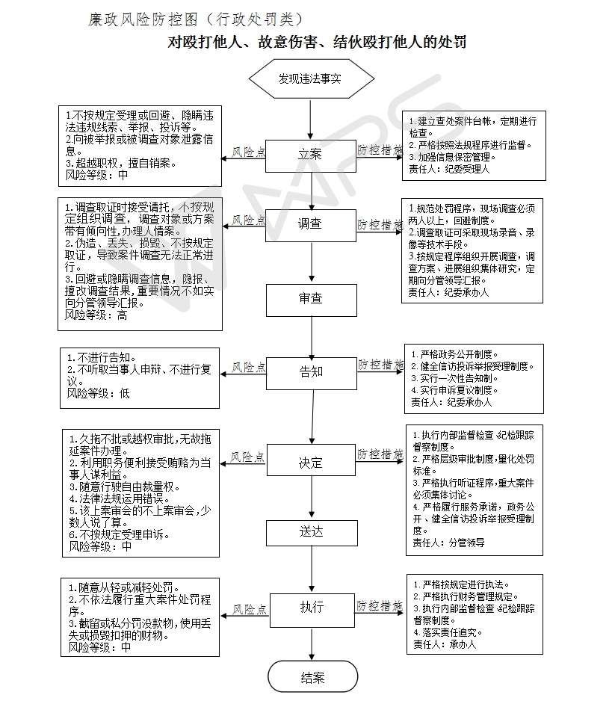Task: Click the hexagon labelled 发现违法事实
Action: pos(311,78)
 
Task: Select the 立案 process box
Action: pos(311,154)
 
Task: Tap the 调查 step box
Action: pos(311,223)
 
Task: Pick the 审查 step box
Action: pos(311,299)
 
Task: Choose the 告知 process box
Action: pos(311,371)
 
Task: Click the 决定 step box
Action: pos(311,463)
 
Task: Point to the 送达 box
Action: pos(311,532)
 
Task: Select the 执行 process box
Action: pos(311,608)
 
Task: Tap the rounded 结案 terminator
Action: pos(312,678)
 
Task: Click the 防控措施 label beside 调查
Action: pos(379,223)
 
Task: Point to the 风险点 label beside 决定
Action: pos(248,457)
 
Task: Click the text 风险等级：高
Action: pos(96,316)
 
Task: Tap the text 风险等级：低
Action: pos(99,393)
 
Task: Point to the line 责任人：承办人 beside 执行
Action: pos(444,643)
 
